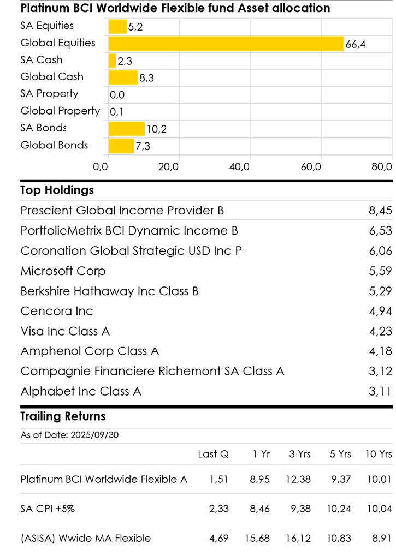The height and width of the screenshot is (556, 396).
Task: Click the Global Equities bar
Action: (226, 44)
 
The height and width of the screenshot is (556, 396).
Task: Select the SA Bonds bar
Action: (127, 129)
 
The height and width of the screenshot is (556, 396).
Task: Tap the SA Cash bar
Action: (113, 61)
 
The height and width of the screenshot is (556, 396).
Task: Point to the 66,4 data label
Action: (355, 44)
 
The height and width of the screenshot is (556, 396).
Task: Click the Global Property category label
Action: (60, 111)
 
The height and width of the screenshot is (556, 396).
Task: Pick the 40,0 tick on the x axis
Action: (240, 166)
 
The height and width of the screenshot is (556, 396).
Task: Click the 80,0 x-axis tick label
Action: (382, 166)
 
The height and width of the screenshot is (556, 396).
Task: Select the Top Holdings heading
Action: (57, 190)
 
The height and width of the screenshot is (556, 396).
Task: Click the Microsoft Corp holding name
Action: (63, 271)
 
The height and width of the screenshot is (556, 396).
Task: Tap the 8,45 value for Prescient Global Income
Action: (380, 211)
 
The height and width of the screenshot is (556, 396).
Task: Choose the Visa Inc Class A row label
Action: (66, 331)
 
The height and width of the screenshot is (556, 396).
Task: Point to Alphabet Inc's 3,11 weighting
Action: (380, 391)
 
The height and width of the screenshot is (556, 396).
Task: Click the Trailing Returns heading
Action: (63, 416)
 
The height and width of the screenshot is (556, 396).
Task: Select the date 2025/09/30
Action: (94, 435)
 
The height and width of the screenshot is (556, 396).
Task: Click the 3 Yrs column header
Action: (300, 454)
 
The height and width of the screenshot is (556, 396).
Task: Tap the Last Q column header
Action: (213, 454)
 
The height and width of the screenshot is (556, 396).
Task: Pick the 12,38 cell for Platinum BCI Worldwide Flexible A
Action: (298, 480)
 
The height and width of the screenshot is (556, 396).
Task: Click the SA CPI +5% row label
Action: (48, 509)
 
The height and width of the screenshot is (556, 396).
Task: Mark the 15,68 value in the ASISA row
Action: (257, 539)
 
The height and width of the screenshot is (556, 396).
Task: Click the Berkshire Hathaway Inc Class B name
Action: (109, 291)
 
